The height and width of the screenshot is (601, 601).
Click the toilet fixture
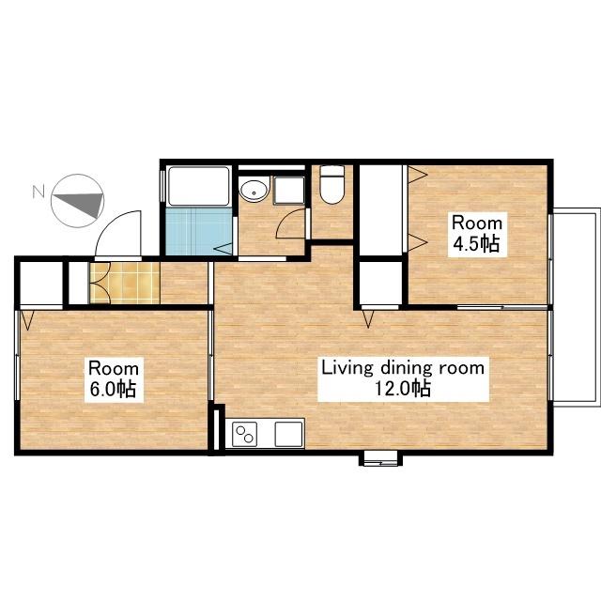tap(331, 185)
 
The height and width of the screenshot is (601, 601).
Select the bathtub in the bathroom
tap(198, 186)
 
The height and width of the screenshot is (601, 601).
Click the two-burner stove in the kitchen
tap(245, 434)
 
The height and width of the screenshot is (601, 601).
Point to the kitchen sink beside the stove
tap(288, 434)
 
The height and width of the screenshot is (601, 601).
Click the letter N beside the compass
tap(39, 192)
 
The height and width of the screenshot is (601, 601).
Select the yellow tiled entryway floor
tap(125, 283)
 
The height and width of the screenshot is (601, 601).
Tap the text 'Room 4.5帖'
tap(477, 234)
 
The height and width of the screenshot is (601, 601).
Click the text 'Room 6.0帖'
tap(114, 379)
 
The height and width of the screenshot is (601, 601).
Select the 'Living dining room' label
tap(403, 368)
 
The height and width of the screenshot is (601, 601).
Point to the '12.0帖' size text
tap(402, 389)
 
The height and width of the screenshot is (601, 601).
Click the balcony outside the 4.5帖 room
tap(576, 306)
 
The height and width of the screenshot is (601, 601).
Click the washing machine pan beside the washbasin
tap(289, 191)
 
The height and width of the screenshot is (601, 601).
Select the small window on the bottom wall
tap(379, 458)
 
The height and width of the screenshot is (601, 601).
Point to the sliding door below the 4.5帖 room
tap(502, 307)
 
